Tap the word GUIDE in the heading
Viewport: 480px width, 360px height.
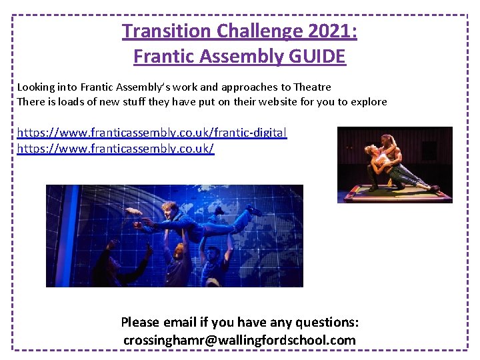317,57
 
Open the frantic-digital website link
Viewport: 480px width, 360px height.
152,133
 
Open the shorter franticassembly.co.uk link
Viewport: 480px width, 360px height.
115,148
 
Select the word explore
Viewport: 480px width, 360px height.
366,102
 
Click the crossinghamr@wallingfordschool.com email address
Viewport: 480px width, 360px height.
239,340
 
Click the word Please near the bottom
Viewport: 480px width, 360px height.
141,323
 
